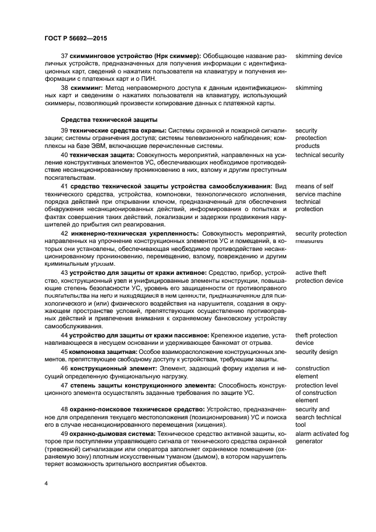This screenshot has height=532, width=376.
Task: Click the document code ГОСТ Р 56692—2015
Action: pyautogui.click(x=75, y=38)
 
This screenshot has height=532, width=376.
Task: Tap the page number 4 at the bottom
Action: pyautogui.click(x=46, y=483)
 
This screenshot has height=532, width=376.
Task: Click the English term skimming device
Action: pyautogui.click(x=319, y=56)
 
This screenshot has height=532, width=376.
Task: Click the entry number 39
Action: pyautogui.click(x=64, y=131)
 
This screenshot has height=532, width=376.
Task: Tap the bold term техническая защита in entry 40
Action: pyautogui.click(x=102, y=155)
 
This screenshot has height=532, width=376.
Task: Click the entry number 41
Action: pyautogui.click(x=64, y=187)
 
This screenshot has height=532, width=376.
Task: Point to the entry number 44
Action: pyautogui.click(x=64, y=336)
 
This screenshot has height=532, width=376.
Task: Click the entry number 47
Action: pyautogui.click(x=64, y=385)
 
